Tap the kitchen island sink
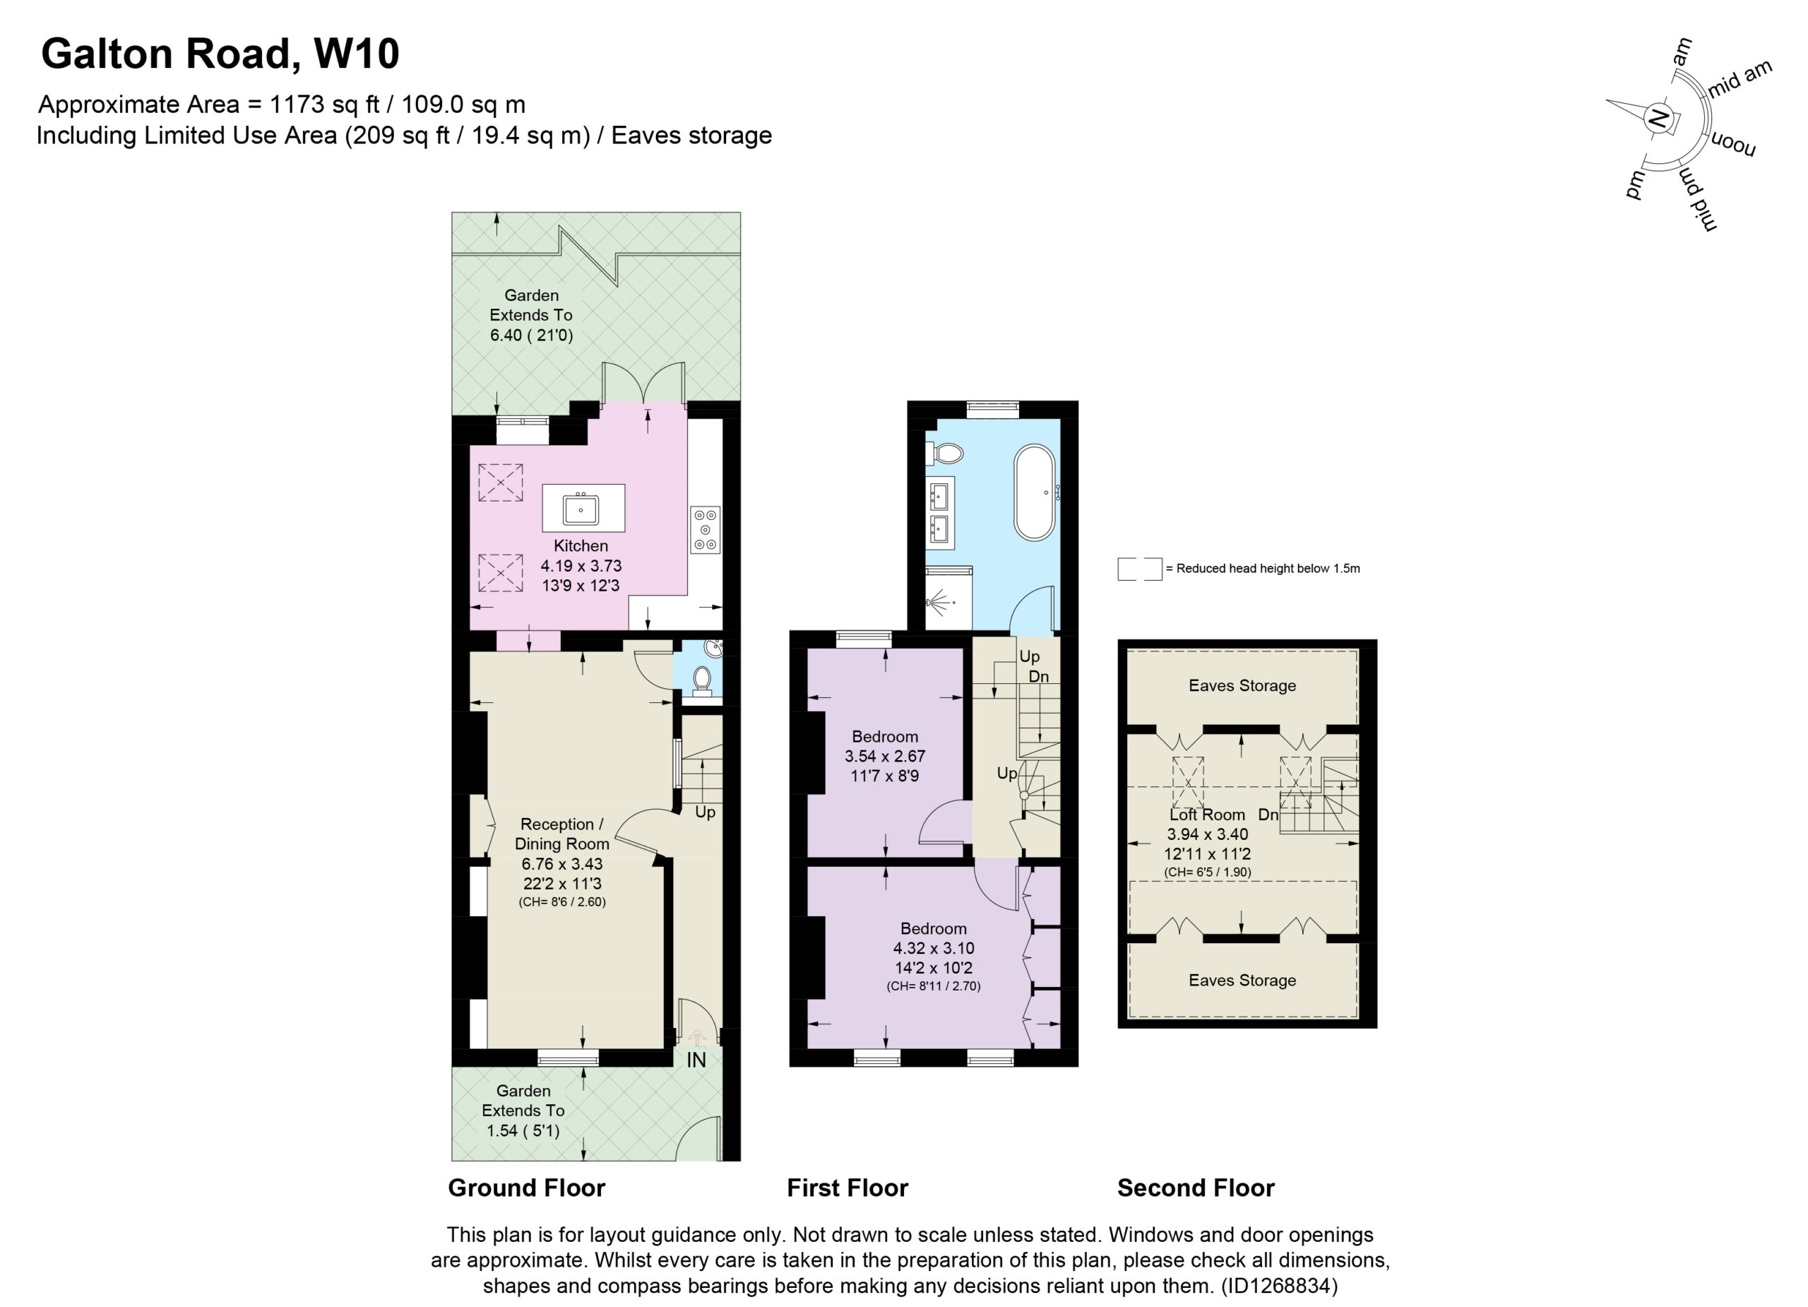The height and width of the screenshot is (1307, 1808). pyautogui.click(x=581, y=509)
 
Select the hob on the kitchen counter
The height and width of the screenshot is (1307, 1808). pyautogui.click(x=706, y=529)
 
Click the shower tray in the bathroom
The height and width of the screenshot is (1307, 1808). pyautogui.click(x=949, y=599)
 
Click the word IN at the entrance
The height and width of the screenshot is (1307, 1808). pyautogui.click(x=696, y=1060)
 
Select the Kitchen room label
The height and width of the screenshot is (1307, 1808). pyautogui.click(x=581, y=546)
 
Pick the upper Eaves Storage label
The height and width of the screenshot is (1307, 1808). pyautogui.click(x=1242, y=686)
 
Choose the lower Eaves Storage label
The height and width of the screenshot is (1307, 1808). pyautogui.click(x=1242, y=981)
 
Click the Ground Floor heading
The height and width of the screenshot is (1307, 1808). pyautogui.click(x=526, y=1188)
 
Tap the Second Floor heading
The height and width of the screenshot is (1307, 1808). pyautogui.click(x=1196, y=1188)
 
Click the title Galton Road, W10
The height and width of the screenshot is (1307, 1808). pyautogui.click(x=220, y=54)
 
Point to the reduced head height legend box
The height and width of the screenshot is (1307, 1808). pyautogui.click(x=1139, y=569)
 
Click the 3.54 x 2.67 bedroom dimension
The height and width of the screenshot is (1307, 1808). pyautogui.click(x=885, y=756)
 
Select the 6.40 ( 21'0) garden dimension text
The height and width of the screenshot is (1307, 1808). pyautogui.click(x=531, y=335)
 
